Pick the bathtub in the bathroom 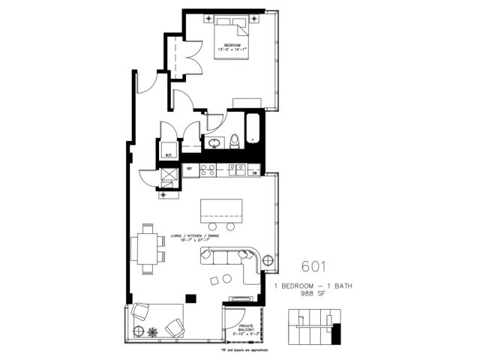point(251,129)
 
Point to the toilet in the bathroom point(235,139)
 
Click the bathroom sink point(214,141)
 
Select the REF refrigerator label point(190,169)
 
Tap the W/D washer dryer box point(169,149)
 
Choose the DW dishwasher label point(255,172)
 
